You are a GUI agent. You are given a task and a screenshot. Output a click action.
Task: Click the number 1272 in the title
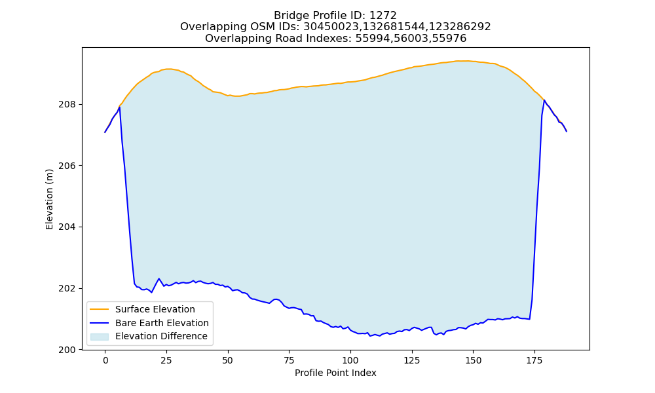[x=383, y=16]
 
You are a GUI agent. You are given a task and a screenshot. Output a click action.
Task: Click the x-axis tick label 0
[x=105, y=360]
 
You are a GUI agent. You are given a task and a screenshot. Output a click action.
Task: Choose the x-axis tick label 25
[x=166, y=360]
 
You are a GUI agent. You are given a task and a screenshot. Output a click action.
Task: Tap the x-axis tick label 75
[x=289, y=360]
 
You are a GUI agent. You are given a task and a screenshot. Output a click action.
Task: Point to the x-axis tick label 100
[x=350, y=360]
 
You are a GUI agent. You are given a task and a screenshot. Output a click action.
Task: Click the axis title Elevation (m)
[x=50, y=199]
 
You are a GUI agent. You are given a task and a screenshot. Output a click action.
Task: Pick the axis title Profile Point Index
[x=335, y=373]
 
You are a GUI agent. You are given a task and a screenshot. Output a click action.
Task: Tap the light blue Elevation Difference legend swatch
[x=100, y=337]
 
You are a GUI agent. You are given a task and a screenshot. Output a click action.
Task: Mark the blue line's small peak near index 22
[x=159, y=278]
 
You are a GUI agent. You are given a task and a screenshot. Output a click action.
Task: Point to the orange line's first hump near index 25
[x=168, y=69]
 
